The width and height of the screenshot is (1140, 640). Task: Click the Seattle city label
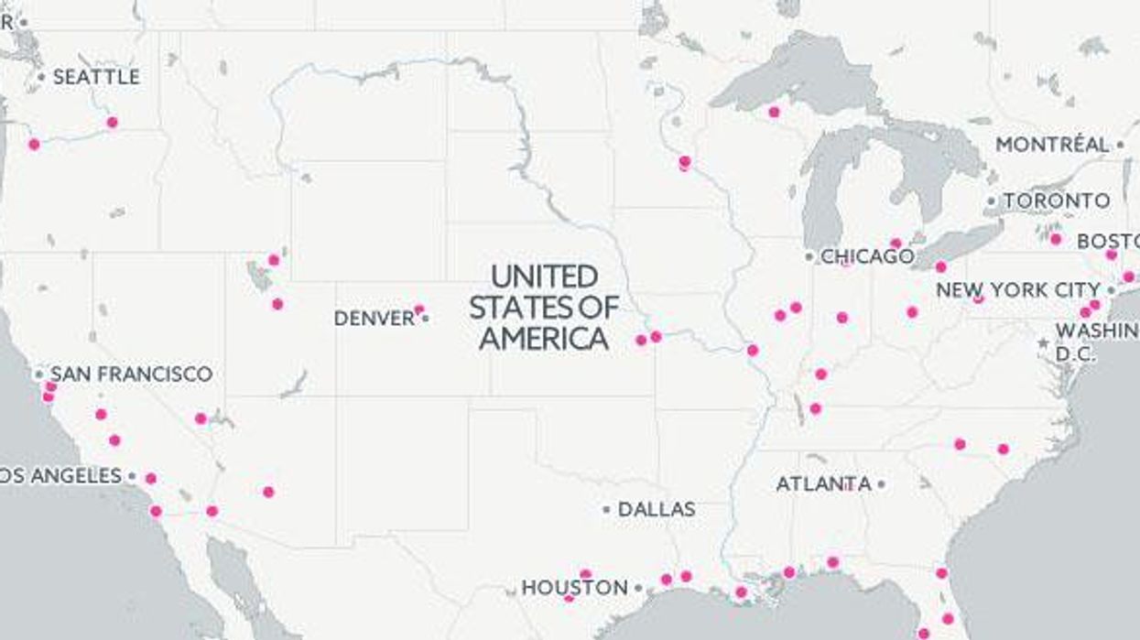[x=96, y=78]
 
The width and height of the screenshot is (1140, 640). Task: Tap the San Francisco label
[x=131, y=374]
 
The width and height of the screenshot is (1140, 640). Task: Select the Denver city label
[x=375, y=319]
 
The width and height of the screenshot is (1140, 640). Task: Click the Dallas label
[x=657, y=509]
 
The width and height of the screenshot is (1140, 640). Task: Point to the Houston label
[x=575, y=588]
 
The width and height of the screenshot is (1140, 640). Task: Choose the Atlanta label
[x=823, y=483]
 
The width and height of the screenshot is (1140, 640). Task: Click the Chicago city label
[x=866, y=256]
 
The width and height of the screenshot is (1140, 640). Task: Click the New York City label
[x=1017, y=290]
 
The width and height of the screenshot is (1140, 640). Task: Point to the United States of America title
[x=544, y=308]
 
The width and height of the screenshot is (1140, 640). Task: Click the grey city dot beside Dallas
[x=606, y=509]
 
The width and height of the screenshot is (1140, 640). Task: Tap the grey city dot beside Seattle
[x=41, y=78]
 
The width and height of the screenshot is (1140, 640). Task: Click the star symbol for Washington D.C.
[x=1043, y=343]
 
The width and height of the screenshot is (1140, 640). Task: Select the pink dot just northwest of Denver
[x=418, y=309]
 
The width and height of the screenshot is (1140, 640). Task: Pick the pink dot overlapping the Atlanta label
[x=848, y=485]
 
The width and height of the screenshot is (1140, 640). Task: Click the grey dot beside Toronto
[x=991, y=201]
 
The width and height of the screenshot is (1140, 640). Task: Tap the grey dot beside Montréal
[x=1120, y=145]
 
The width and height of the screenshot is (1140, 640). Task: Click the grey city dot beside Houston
[x=638, y=588]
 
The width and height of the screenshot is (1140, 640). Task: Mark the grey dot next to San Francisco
[x=38, y=374]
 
